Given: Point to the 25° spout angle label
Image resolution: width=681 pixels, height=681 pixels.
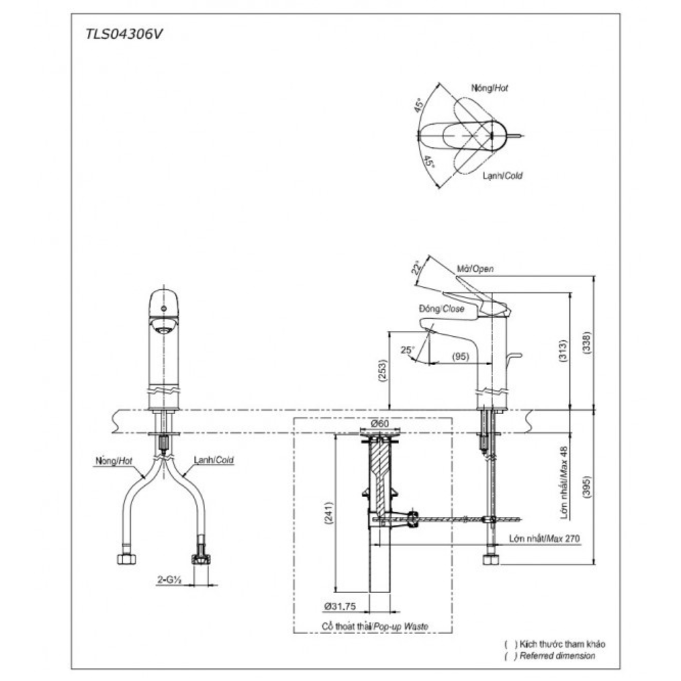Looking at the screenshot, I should pyautogui.click(x=407, y=350).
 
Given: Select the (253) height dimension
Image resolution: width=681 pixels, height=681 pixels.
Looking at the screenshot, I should pyautogui.click(x=382, y=370).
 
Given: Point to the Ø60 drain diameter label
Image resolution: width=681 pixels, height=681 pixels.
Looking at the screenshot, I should pyautogui.click(x=380, y=424).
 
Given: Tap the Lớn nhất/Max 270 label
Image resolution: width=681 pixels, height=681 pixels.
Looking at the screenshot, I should pyautogui.click(x=543, y=538).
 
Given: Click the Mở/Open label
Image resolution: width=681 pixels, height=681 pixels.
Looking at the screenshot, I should pyautogui.click(x=474, y=269).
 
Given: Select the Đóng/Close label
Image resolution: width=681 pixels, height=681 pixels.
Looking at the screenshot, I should pyautogui.click(x=441, y=308).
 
